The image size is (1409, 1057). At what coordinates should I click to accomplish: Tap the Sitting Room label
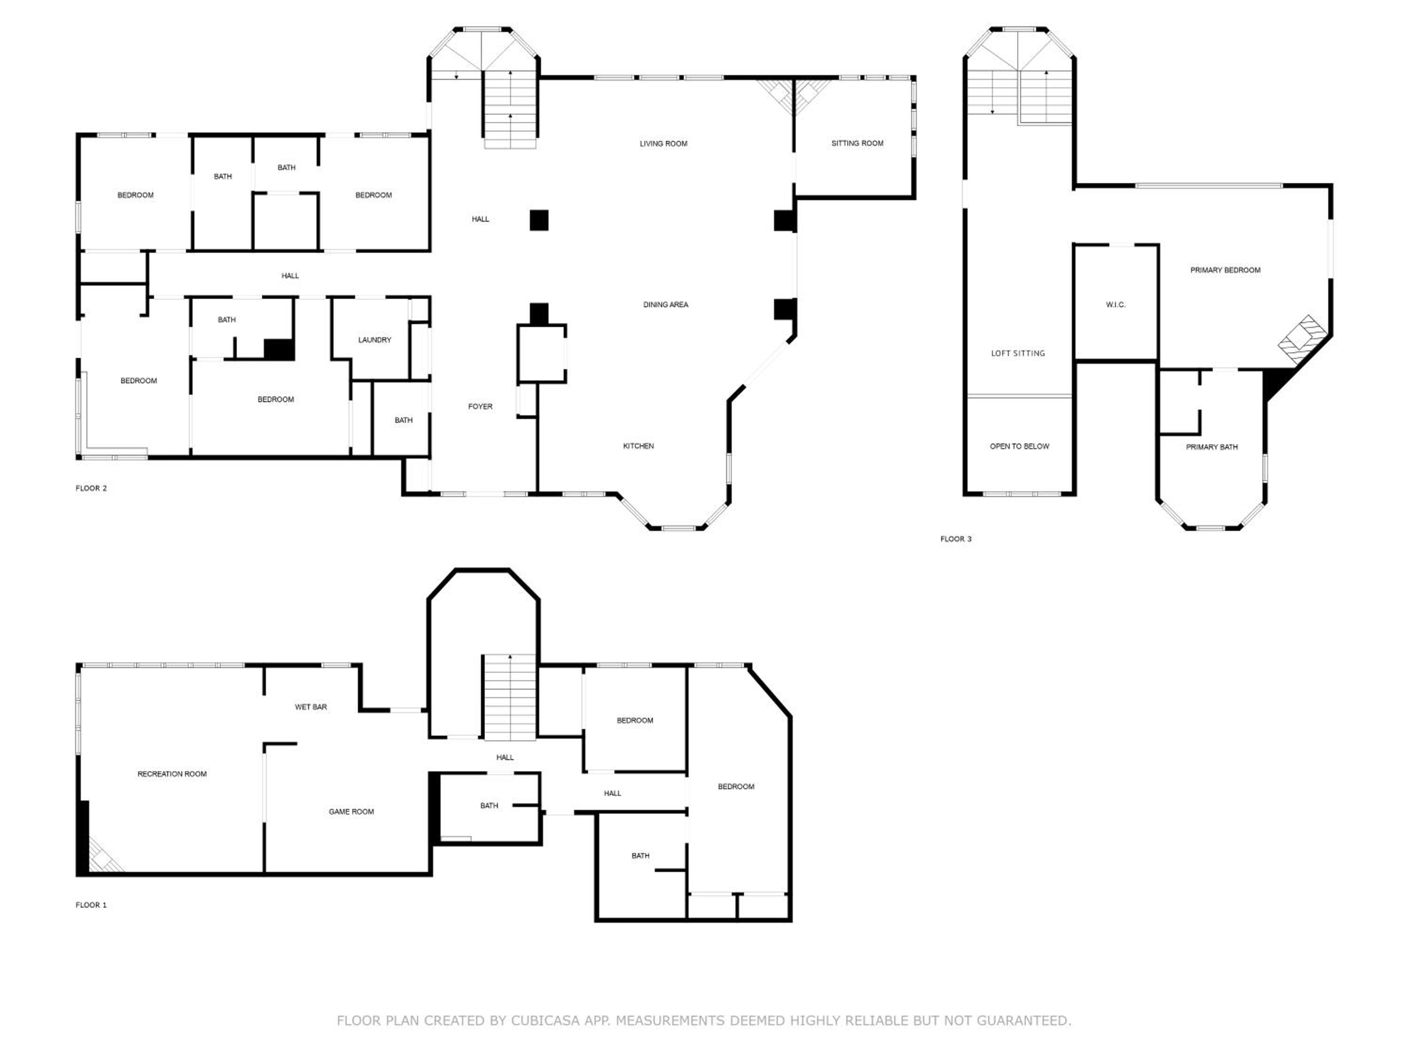click(857, 143)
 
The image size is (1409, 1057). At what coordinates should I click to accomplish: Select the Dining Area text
click(665, 304)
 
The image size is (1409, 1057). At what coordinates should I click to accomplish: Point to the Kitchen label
click(638, 446)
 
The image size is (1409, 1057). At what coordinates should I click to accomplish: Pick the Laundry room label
click(374, 340)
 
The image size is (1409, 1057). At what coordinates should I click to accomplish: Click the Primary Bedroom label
click(1225, 270)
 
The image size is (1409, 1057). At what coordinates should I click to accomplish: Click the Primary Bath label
click(1212, 447)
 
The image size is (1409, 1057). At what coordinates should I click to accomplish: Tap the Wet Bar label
click(311, 707)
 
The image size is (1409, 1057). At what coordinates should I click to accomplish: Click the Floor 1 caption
click(91, 905)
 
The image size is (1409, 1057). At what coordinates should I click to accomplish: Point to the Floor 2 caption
click(91, 488)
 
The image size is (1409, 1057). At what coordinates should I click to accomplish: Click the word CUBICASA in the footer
click(545, 1021)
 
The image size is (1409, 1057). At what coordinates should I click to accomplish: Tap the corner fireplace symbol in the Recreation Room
click(104, 855)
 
